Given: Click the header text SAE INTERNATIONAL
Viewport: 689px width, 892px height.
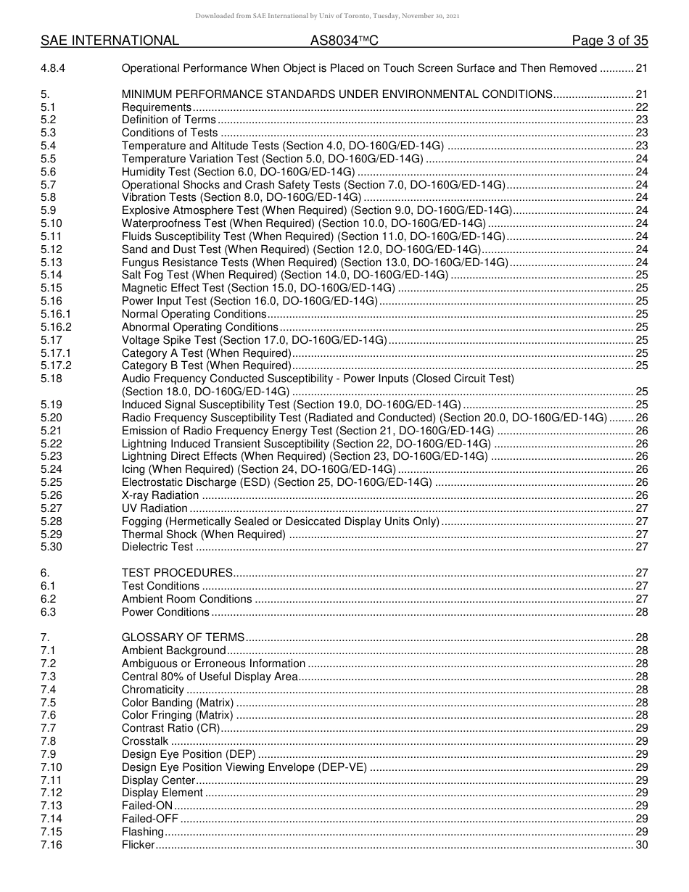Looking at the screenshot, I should [110, 41].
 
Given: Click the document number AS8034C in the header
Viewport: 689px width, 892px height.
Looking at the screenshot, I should [344, 41].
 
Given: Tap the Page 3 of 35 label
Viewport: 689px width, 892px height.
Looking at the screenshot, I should [609, 41].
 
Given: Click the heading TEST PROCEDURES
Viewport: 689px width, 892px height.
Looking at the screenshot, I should [177, 573].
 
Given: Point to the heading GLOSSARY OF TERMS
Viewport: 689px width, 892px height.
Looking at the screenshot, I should [183, 637].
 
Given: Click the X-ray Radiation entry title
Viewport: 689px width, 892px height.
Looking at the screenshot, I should [160, 495].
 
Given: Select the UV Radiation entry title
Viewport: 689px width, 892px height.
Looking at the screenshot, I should [154, 508].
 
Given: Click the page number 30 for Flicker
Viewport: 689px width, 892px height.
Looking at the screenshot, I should [641, 844].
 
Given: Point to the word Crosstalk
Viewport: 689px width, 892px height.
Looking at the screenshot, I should [145, 741].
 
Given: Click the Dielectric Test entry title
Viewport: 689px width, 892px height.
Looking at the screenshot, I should [157, 547].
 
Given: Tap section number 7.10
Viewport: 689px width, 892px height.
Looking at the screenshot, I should [51, 767].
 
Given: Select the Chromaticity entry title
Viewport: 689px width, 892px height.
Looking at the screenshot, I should [152, 690].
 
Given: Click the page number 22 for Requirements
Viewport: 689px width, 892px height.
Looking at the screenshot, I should [641, 107].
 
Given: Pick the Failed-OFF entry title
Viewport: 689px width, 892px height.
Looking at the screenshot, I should [149, 819].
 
